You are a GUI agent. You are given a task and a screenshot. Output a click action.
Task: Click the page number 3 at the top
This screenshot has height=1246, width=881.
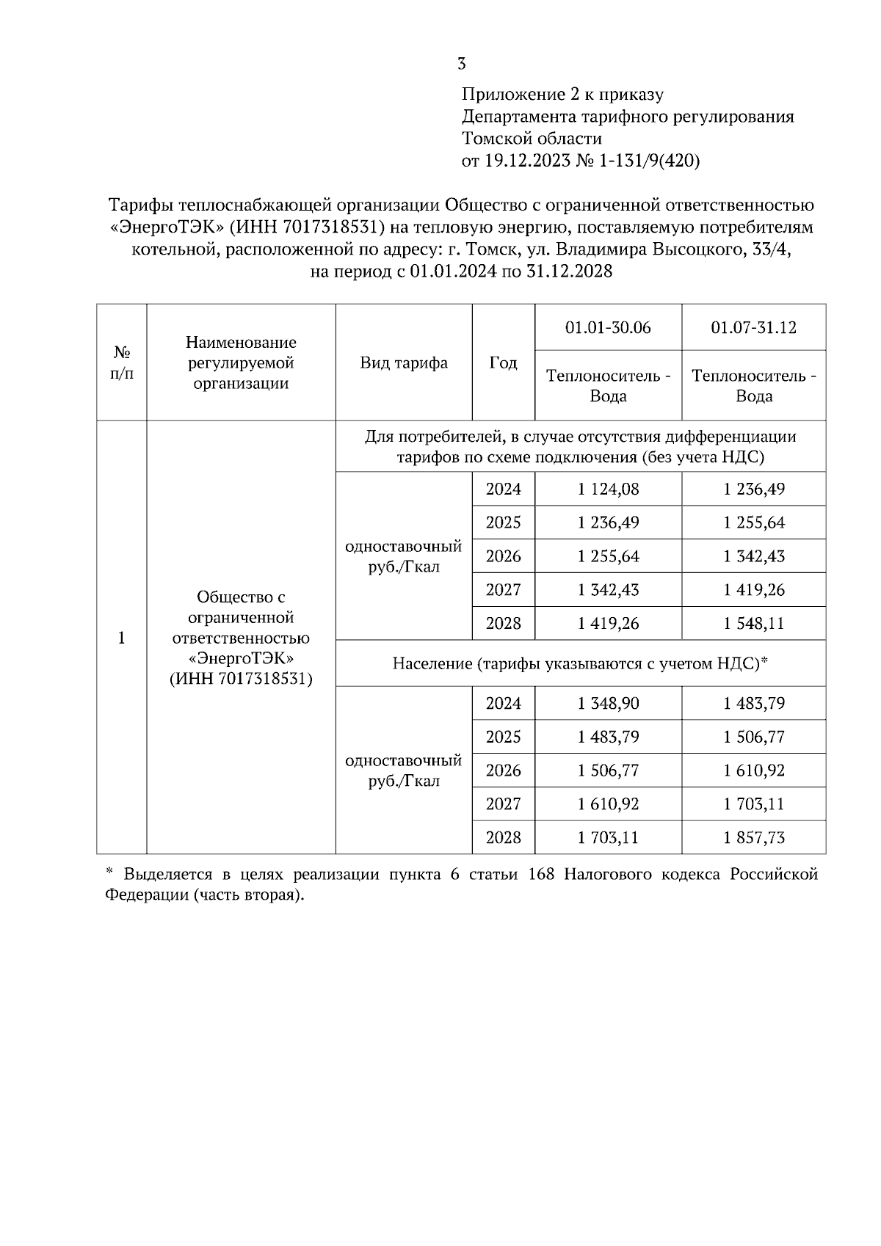pyautogui.click(x=461, y=64)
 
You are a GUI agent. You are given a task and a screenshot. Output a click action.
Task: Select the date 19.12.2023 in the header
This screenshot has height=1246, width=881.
pyautogui.click(x=526, y=161)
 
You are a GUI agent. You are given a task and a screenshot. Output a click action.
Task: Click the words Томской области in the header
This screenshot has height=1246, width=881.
pyautogui.click(x=532, y=139)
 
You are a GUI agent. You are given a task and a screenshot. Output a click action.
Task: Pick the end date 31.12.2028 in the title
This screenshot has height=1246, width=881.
pyautogui.click(x=569, y=272)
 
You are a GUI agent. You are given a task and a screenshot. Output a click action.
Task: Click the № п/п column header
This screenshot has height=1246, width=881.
pyautogui.click(x=122, y=362)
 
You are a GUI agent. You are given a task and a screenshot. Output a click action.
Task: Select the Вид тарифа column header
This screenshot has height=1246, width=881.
pyautogui.click(x=404, y=362)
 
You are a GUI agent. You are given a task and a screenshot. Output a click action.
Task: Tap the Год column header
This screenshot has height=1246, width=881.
pyautogui.click(x=503, y=362)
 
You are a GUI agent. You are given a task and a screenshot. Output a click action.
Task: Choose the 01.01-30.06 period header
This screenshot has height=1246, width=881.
pyautogui.click(x=608, y=327)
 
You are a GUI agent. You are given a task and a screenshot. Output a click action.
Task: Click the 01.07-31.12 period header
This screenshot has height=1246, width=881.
pyautogui.click(x=753, y=327)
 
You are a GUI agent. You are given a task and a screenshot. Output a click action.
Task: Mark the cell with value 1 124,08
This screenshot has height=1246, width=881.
pyautogui.click(x=608, y=489)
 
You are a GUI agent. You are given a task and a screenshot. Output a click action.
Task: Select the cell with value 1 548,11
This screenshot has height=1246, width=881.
pyautogui.click(x=753, y=624)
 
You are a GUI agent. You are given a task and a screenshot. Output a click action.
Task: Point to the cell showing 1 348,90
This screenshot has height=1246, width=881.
pyautogui.click(x=608, y=704)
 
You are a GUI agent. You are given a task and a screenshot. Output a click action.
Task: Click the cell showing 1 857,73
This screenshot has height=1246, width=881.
pyautogui.click(x=753, y=837)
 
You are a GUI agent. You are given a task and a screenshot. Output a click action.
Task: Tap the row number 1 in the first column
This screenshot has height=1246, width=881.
pyautogui.click(x=122, y=638)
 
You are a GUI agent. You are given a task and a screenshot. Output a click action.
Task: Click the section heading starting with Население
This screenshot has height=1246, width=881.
pyautogui.click(x=580, y=663)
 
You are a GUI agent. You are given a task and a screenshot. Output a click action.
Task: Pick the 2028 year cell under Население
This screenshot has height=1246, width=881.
pyautogui.click(x=503, y=837)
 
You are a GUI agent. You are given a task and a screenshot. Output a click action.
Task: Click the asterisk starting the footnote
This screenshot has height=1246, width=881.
pyautogui.click(x=109, y=872)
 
